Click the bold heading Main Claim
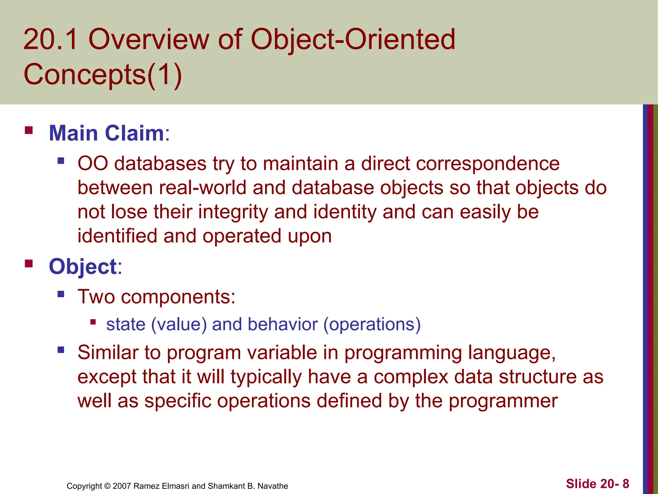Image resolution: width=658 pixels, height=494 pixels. pyautogui.click(x=106, y=133)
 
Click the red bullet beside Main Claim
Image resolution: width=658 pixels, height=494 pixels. pyautogui.click(x=29, y=130)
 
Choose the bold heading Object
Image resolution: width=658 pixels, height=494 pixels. pyautogui.click(x=83, y=267)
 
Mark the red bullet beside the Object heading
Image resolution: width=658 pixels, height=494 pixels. pyautogui.click(x=29, y=264)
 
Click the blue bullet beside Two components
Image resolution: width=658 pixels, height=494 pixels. pyautogui.click(x=61, y=294)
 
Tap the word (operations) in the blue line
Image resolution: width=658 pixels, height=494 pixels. pyautogui.click(x=372, y=324)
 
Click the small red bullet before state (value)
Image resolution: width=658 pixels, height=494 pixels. pyautogui.click(x=93, y=322)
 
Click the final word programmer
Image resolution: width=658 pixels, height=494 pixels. pyautogui.click(x=503, y=401)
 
